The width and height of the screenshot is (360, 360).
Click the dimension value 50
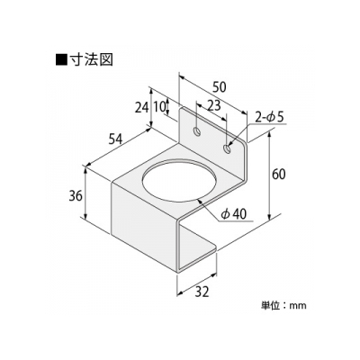point(219,87)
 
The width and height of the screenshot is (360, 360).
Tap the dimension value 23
point(214,105)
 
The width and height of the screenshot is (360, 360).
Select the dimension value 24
point(141,107)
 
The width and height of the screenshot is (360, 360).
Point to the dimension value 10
point(159,107)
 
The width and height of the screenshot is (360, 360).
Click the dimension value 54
point(115,139)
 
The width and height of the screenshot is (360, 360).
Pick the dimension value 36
point(76,196)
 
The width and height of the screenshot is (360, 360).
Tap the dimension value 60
point(279,175)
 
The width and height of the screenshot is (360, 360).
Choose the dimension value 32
point(202,292)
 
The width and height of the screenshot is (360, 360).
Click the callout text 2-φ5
point(269,117)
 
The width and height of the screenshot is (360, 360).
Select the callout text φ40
point(233,213)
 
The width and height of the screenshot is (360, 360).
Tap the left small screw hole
point(197,131)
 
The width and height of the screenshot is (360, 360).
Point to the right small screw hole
point(228,148)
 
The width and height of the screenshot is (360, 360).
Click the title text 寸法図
point(91,59)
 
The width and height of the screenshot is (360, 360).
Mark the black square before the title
point(61,59)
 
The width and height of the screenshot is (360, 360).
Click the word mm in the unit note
point(298,306)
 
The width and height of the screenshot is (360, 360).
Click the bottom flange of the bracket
point(196,248)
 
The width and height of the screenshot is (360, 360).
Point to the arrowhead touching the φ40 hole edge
point(200,202)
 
